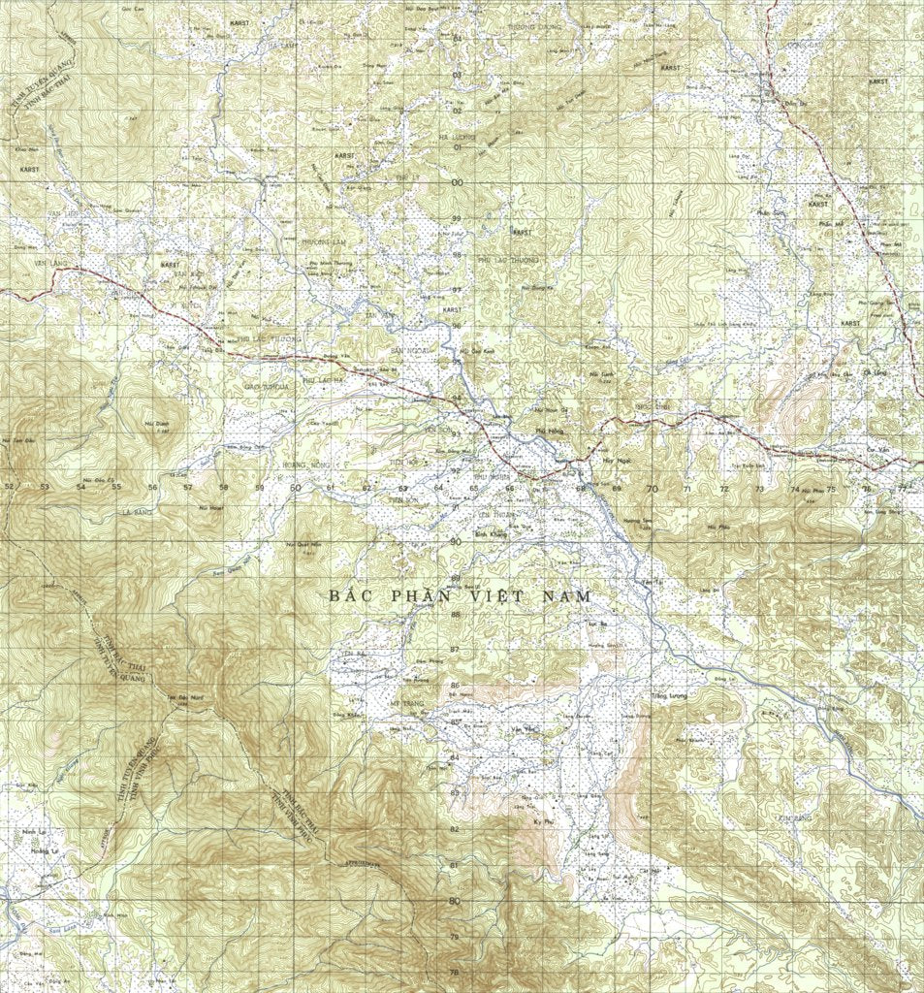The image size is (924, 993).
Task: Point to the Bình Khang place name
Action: tap(490, 532)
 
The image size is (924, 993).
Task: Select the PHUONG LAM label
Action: tap(324, 240)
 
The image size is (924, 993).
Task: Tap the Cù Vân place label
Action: tap(877, 450)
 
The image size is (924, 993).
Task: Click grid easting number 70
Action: tap(651, 489)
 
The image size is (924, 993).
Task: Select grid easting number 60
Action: tap(295, 488)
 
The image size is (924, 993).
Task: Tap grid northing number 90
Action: tap(455, 541)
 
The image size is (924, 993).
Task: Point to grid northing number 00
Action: tap(457, 182)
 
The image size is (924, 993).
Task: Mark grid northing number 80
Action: tap(454, 900)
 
